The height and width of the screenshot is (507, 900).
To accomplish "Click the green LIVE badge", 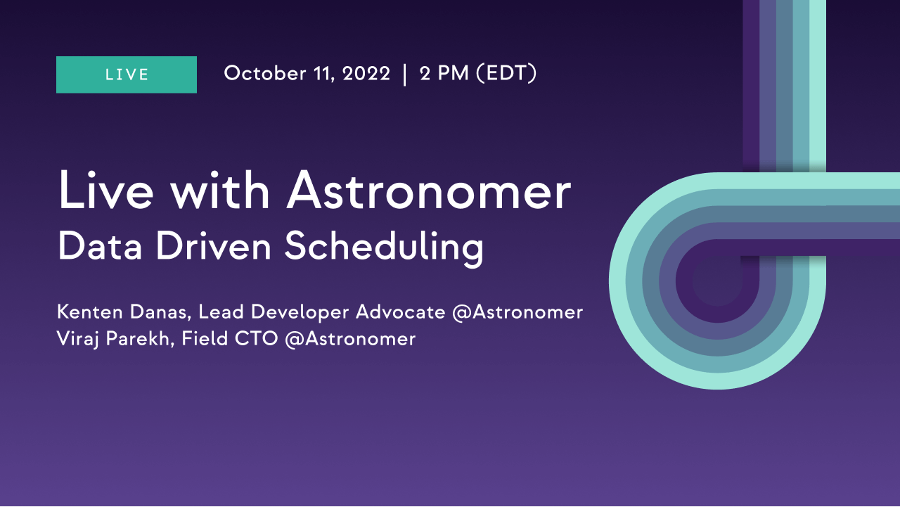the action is pos(127,75).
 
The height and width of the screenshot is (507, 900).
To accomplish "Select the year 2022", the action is pos(366,74).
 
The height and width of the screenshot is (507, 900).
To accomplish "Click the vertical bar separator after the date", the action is pos(404,75).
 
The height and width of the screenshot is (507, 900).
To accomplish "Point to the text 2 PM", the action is pos(444,74).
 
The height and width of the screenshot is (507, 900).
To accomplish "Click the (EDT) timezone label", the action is pos(506,73).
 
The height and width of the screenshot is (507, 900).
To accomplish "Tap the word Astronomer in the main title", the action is pos(428,191).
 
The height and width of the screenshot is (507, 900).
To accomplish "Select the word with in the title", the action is pos(219,190).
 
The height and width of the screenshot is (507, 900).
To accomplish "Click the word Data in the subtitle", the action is pos(100,246).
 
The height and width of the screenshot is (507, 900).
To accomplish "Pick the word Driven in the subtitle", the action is pos(213,246).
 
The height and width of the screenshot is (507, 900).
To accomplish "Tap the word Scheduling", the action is pos(384,248).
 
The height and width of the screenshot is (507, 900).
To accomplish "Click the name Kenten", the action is pos(89,312).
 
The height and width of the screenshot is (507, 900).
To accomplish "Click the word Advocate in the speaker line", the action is pos(401,312).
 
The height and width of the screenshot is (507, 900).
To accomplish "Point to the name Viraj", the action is pos(77,339).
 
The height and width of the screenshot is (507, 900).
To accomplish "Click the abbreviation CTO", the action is pos(257,338).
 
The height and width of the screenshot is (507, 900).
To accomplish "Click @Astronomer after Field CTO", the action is pos(350,339).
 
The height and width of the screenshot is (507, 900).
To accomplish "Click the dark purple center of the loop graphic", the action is pos(718,281).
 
